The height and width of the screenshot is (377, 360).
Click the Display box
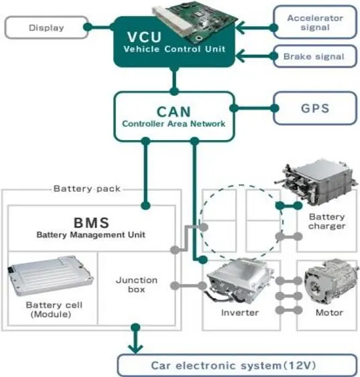(x=46, y=27)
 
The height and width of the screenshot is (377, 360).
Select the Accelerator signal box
(x=314, y=23)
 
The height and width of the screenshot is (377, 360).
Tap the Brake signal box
(x=314, y=56)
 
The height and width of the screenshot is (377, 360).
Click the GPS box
(x=314, y=106)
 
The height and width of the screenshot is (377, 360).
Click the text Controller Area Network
(x=173, y=124)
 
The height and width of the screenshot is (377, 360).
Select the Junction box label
(x=136, y=285)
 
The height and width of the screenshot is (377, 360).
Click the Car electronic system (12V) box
(x=236, y=366)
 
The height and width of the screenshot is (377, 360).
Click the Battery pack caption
(x=86, y=189)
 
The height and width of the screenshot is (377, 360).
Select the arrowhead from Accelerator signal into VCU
(x=238, y=27)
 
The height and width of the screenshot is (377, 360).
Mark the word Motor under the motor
(x=328, y=313)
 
